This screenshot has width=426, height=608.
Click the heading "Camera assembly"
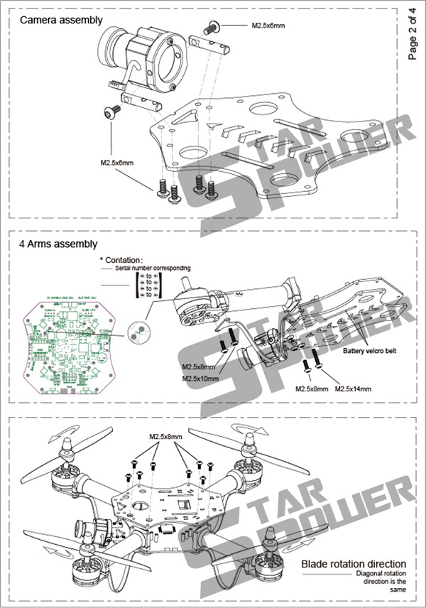(61, 21)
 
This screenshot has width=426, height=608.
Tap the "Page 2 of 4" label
(413, 33)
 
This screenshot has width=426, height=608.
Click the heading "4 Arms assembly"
(59, 244)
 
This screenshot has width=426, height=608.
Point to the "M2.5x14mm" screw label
(353, 389)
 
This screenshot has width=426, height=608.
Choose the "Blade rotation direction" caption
(353, 564)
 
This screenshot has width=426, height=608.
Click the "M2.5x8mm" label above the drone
(165, 435)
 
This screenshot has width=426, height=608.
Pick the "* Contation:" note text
(121, 260)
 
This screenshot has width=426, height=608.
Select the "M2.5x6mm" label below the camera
(116, 163)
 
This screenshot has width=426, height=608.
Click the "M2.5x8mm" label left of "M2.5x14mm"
(310, 389)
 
